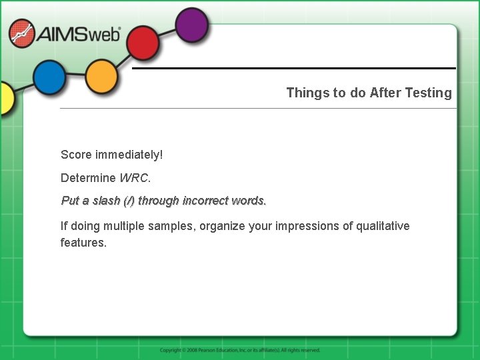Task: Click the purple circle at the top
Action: click(192, 25)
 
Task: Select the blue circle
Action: click(49, 77)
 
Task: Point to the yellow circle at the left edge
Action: click(5, 99)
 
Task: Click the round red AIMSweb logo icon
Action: click(21, 33)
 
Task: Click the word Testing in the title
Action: click(428, 93)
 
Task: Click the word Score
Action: click(76, 155)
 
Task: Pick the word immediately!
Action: click(129, 155)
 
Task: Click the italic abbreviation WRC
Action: click(135, 178)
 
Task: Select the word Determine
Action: click(88, 178)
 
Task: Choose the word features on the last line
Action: click(83, 243)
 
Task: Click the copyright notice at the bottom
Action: click(240, 350)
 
